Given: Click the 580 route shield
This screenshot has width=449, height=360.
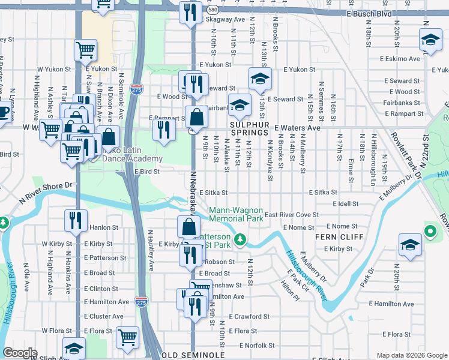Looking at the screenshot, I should pos(212,10).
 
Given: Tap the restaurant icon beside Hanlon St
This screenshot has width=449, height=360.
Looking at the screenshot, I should pos(75,221).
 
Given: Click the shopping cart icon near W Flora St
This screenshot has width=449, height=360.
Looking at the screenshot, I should pos(127,337).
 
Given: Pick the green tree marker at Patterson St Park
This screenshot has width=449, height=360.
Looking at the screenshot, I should pos(240,240).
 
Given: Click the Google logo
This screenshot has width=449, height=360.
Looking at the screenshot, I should pos(20,353).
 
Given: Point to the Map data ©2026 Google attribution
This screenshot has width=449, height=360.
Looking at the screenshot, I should pos(412,355).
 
